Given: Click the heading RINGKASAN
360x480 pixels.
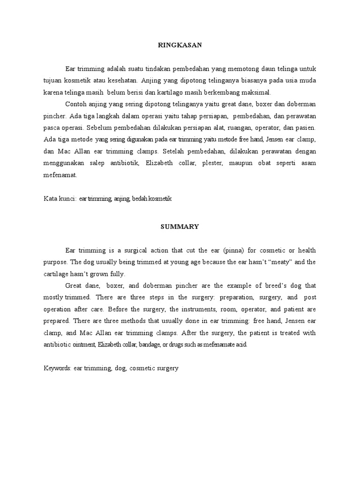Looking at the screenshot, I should (x=180, y=45).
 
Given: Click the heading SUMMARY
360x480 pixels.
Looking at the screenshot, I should (x=180, y=226).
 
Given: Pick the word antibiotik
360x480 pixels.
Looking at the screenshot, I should (x=123, y=163).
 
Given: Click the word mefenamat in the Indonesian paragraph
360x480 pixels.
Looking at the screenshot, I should (x=60, y=175).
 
